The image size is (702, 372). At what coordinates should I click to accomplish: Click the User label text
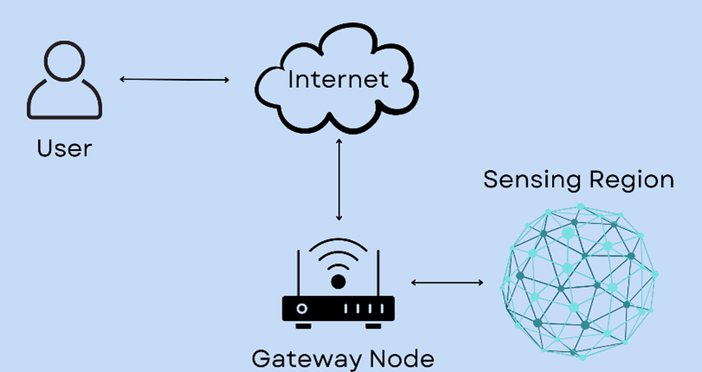(x=64, y=148)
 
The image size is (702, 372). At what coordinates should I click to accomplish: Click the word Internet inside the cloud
(x=338, y=80)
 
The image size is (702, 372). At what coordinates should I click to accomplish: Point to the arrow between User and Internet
(x=174, y=80)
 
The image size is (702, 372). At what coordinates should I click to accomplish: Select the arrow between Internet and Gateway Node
(x=339, y=179)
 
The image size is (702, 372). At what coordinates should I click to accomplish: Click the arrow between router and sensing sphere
(x=447, y=283)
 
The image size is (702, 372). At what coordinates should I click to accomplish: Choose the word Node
(x=398, y=358)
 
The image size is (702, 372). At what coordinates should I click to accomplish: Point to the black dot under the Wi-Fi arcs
(x=338, y=282)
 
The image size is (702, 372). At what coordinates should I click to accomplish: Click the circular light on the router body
(x=302, y=309)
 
